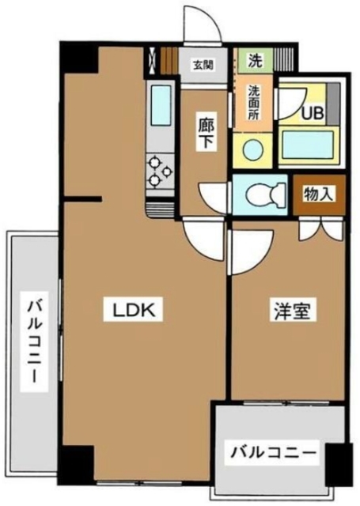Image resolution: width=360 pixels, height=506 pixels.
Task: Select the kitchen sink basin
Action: coord(161,103)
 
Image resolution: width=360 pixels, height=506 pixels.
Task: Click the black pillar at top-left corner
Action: coord(78,57)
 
